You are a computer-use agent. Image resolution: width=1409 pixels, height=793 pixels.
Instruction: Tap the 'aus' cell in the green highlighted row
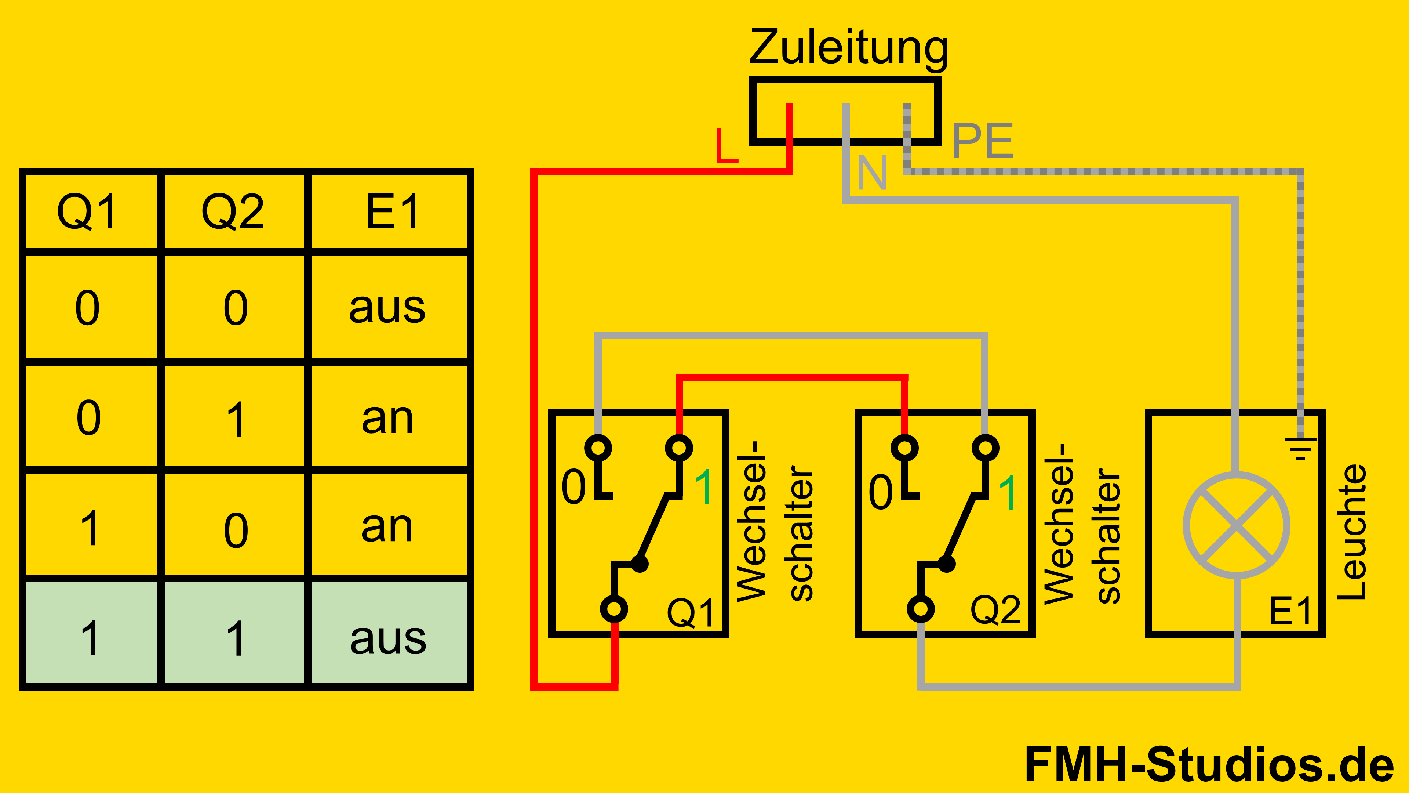[388, 638]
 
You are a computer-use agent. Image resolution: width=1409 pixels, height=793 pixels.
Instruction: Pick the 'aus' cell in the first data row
[387, 308]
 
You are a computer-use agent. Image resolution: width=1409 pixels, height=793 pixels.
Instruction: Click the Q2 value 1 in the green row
[236, 638]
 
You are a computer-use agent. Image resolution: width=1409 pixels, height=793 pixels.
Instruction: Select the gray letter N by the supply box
[871, 173]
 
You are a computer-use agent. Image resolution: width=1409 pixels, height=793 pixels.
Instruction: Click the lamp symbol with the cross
[1236, 525]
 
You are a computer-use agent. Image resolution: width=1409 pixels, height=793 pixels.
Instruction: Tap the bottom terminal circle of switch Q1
[614, 609]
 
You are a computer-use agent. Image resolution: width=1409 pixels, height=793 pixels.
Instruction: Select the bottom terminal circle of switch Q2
[921, 609]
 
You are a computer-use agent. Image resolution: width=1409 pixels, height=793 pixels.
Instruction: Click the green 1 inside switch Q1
[704, 486]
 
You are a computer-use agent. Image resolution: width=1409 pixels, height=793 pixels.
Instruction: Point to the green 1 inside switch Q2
[1008, 493]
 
